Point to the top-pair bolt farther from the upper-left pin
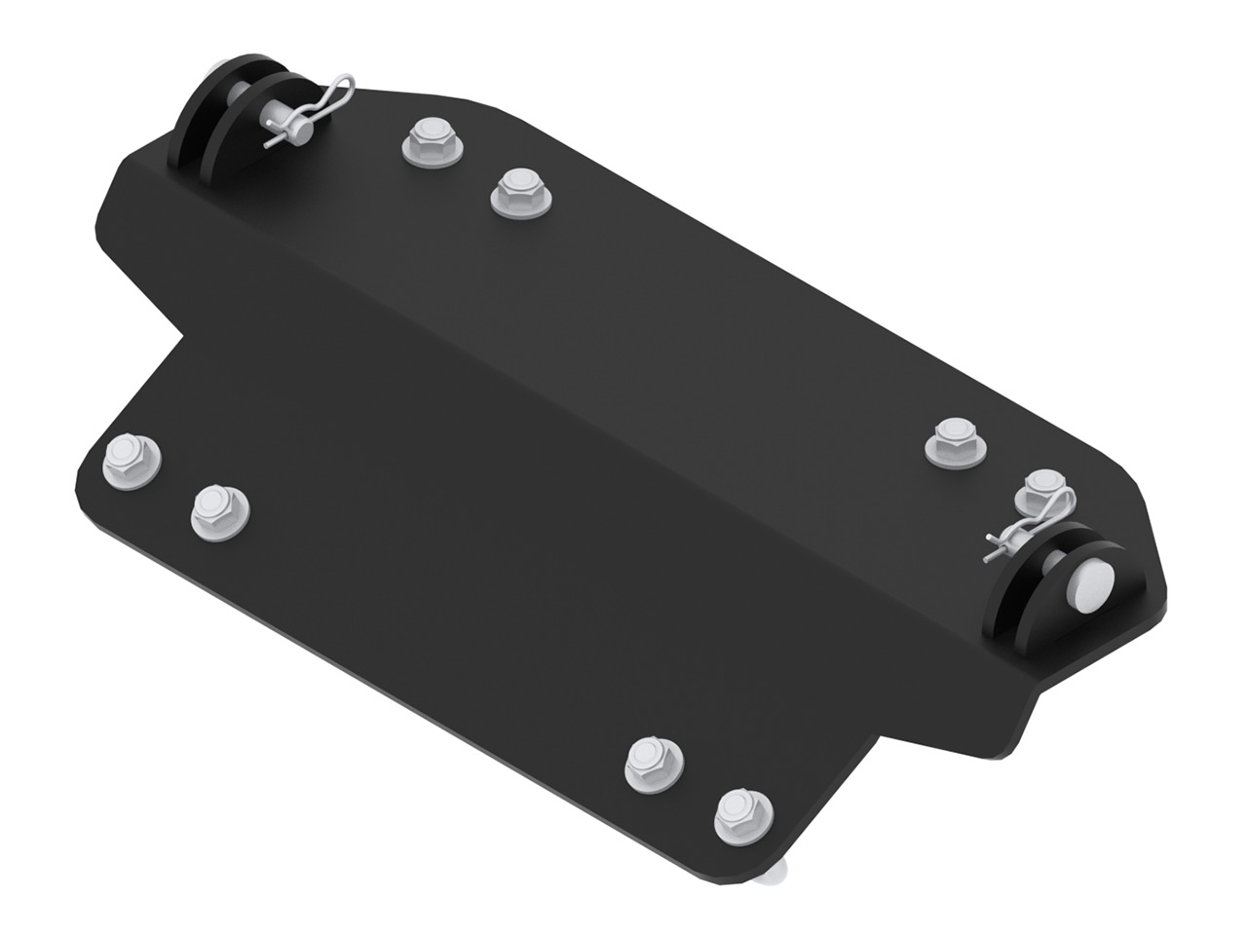click(518, 192)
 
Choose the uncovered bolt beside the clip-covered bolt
click(956, 443)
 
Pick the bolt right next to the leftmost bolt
click(219, 512)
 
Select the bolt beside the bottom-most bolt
click(653, 762)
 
